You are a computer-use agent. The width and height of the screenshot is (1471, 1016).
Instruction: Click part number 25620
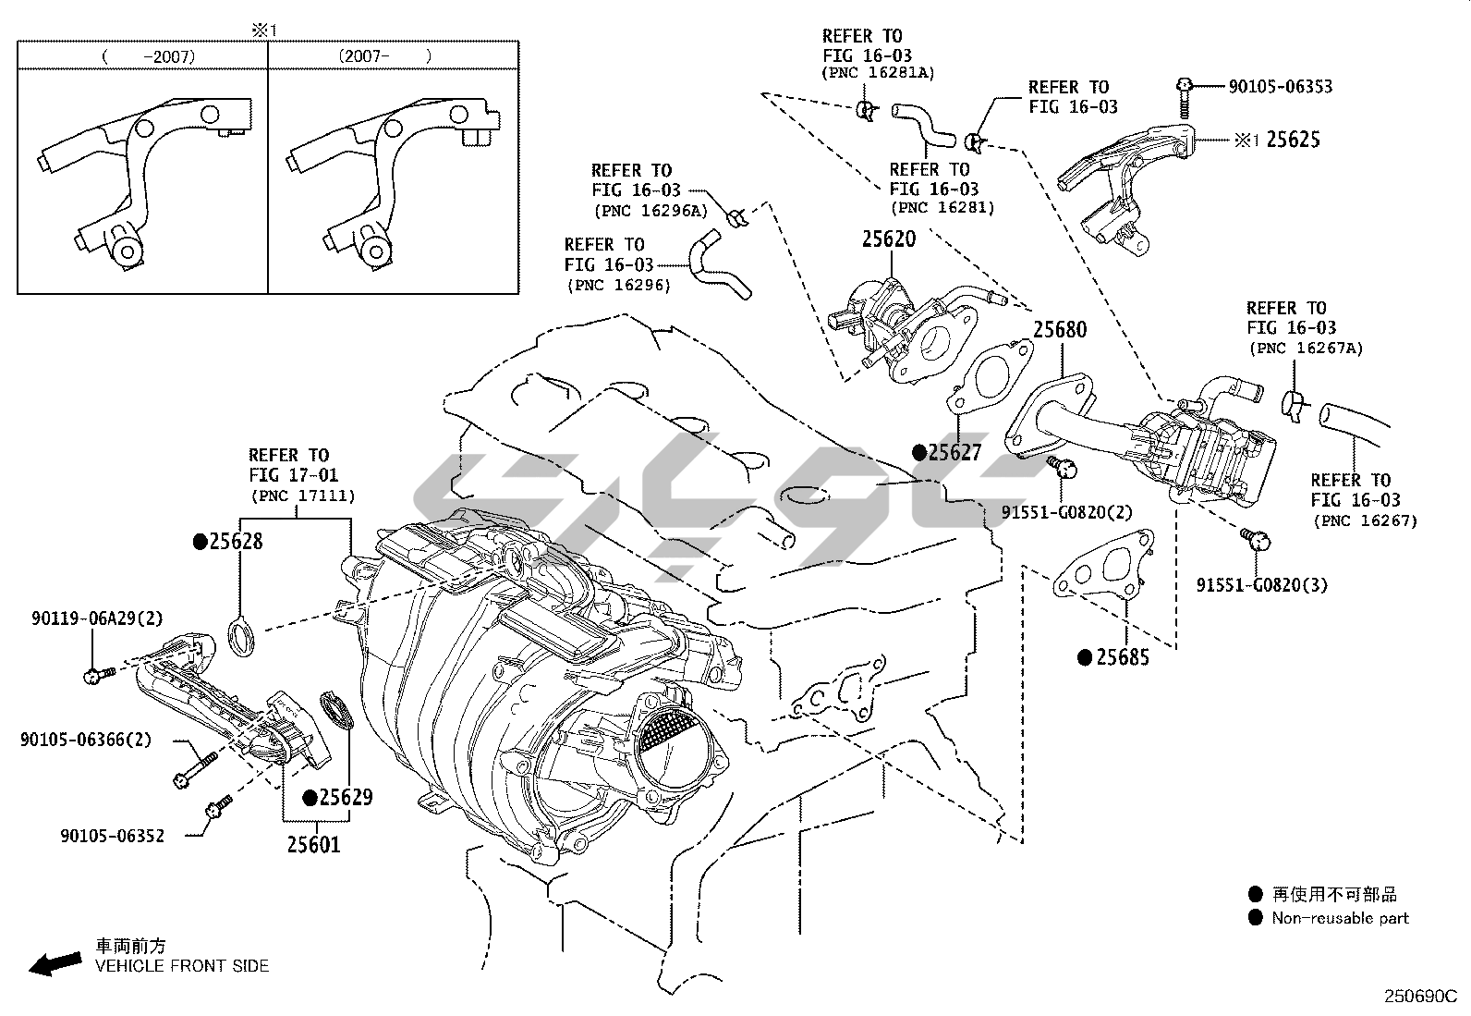click(888, 239)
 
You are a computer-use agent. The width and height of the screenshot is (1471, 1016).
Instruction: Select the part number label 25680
click(1059, 330)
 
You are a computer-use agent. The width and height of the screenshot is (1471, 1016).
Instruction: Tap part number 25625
click(1293, 140)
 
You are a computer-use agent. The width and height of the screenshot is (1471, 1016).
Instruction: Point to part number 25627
click(954, 452)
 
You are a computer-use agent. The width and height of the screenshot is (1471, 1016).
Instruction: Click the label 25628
click(236, 542)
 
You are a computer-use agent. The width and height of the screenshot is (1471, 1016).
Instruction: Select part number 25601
click(313, 844)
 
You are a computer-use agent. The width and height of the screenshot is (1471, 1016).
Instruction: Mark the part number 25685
click(1122, 657)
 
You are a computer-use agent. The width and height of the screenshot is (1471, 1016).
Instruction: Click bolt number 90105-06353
click(1280, 87)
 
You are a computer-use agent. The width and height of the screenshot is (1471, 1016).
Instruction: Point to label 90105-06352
click(112, 836)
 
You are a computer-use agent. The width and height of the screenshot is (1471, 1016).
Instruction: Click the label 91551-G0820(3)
click(1261, 585)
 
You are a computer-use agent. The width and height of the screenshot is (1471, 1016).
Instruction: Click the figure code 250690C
click(1419, 997)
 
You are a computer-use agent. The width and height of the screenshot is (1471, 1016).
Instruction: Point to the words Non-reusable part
click(1340, 918)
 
